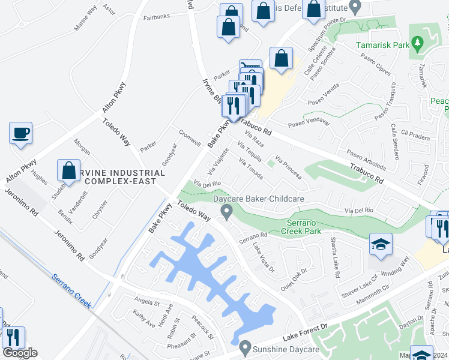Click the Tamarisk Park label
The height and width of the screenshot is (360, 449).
381,45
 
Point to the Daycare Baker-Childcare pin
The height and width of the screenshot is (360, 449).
226,211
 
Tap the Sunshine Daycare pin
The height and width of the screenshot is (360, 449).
244,347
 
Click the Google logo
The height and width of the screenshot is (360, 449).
20,353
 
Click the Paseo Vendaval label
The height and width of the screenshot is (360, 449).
309,122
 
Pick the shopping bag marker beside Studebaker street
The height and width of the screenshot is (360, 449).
69,170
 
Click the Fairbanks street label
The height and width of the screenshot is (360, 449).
157,17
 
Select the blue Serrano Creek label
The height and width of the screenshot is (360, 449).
71,290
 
